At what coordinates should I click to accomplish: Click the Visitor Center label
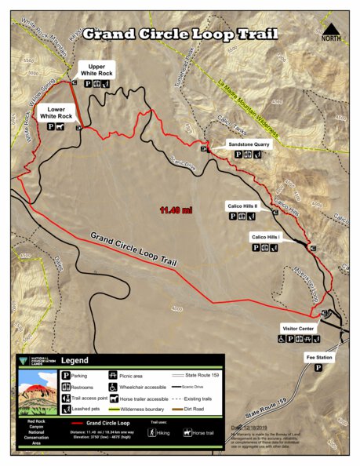[297, 329]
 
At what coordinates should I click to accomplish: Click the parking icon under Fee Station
[318, 367]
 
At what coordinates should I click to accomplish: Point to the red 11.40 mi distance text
[176, 210]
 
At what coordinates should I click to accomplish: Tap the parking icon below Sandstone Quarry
[238, 155]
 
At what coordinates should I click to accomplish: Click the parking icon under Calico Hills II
[232, 216]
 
